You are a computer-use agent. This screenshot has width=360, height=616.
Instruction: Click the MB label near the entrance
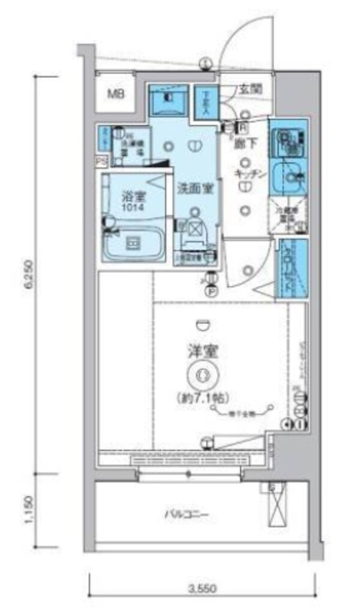pos(116,94)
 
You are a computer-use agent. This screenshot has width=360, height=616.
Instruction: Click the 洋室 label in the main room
pos(202,351)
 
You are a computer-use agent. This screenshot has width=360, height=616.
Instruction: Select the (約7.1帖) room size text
pos(202,396)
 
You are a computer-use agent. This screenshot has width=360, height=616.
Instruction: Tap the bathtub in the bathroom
pos(133,244)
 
